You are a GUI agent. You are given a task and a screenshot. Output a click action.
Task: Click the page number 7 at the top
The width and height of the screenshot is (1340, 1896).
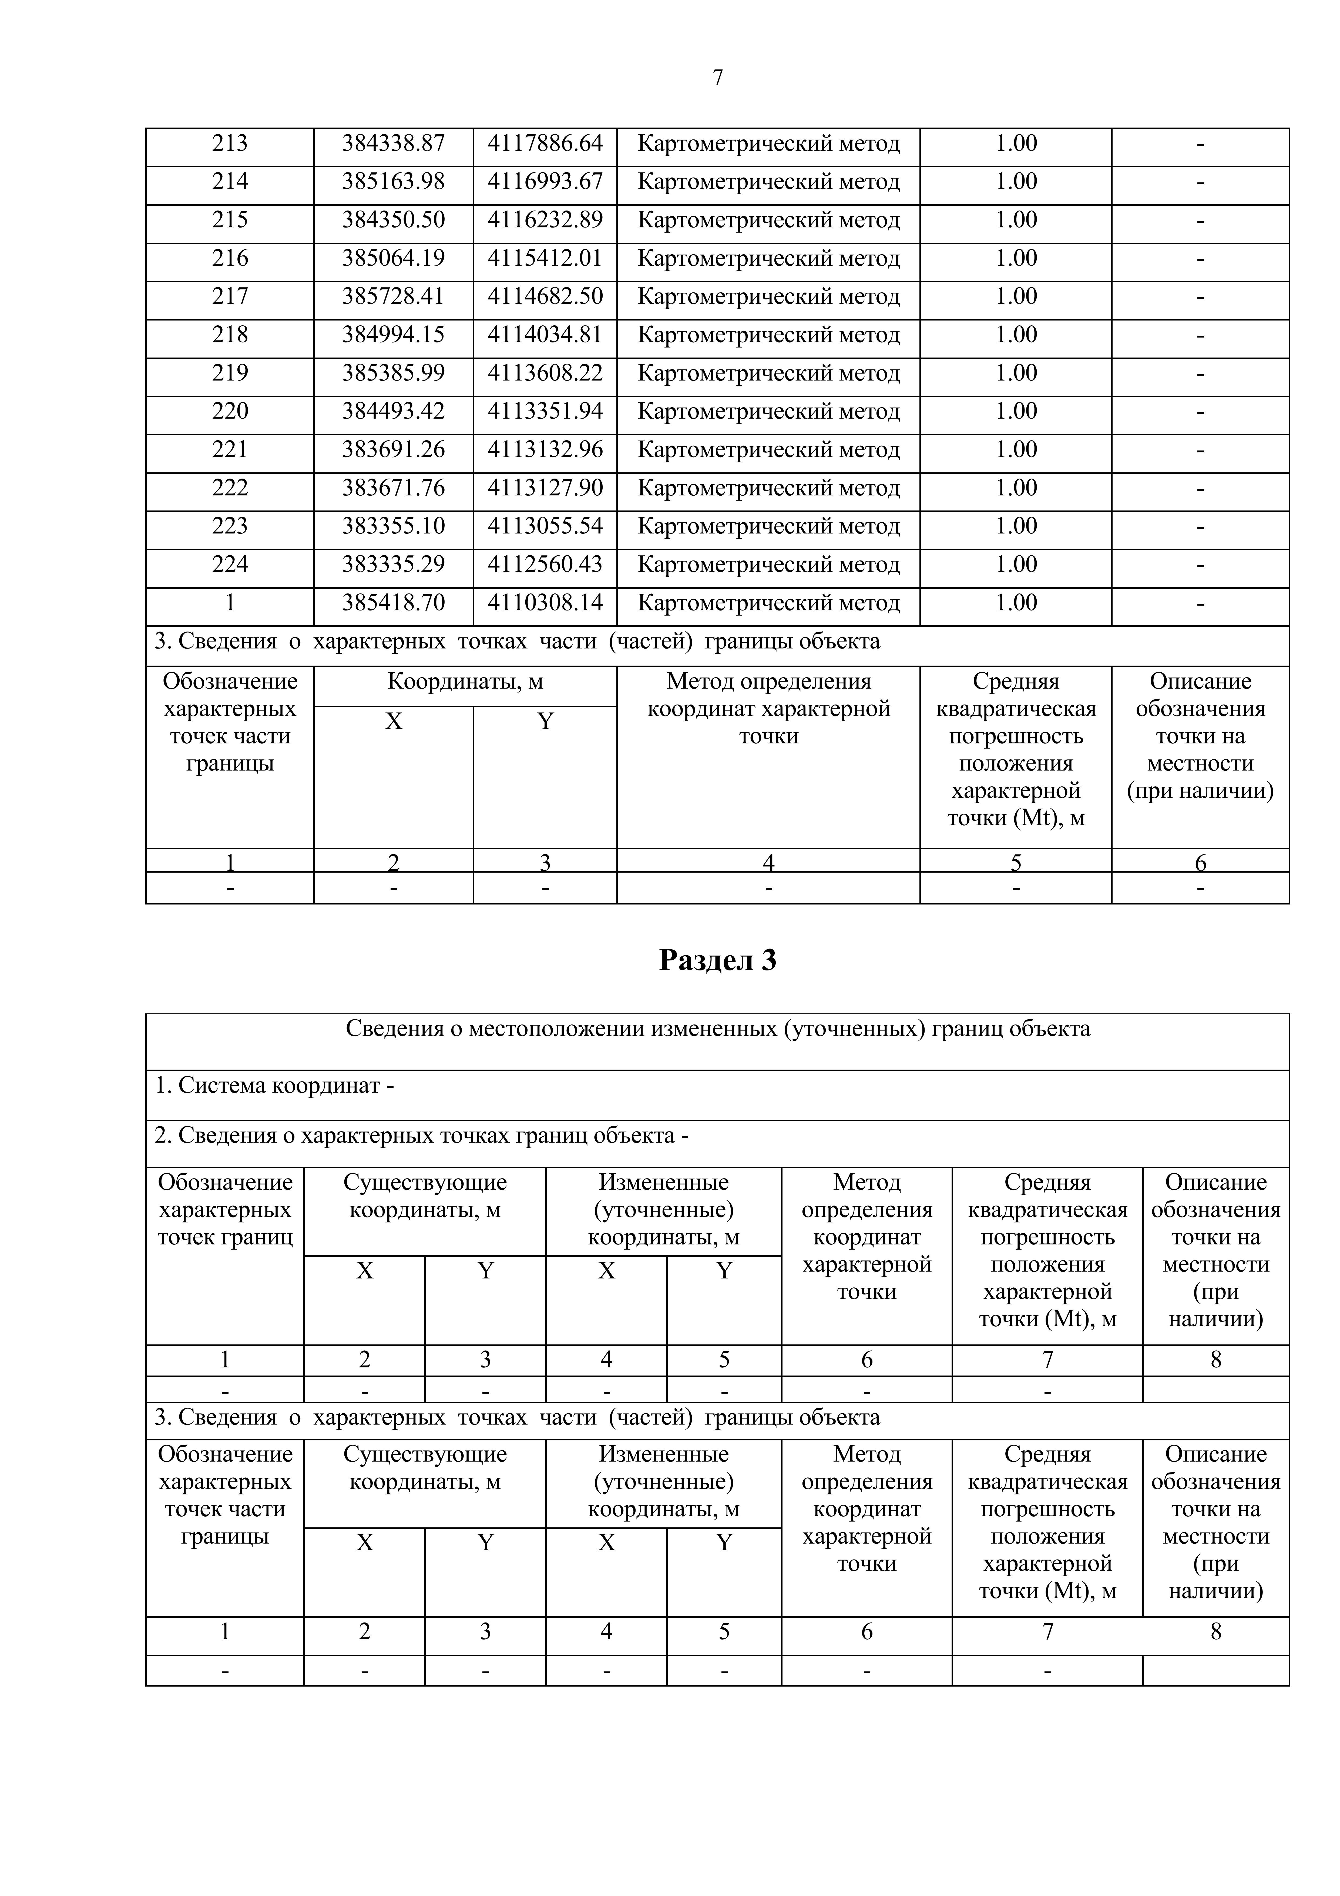click(717, 78)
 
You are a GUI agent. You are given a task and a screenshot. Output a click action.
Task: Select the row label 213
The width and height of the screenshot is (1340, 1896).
click(230, 144)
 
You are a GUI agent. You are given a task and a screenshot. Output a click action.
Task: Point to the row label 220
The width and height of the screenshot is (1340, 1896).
click(230, 411)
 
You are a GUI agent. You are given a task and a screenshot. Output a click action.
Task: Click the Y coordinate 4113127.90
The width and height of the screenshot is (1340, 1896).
click(545, 488)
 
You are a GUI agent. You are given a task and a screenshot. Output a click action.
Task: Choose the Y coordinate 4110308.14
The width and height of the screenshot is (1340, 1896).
click(545, 603)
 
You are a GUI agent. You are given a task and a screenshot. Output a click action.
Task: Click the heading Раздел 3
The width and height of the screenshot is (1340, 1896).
click(717, 960)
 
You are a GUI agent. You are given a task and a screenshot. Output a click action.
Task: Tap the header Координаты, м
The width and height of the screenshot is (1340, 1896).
click(465, 682)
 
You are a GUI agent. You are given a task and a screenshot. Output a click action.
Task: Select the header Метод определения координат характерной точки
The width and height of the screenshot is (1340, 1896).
click(768, 709)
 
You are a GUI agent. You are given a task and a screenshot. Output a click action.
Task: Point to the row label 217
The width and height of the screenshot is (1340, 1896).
click(230, 296)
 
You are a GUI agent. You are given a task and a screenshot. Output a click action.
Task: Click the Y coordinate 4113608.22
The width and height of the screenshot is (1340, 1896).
click(545, 373)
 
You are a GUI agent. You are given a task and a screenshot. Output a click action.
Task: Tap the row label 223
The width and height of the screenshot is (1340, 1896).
click(230, 526)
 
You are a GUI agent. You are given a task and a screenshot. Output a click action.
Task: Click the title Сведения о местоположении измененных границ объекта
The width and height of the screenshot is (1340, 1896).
click(717, 1029)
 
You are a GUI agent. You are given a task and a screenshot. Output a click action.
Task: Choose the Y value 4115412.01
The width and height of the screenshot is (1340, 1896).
click(545, 258)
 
